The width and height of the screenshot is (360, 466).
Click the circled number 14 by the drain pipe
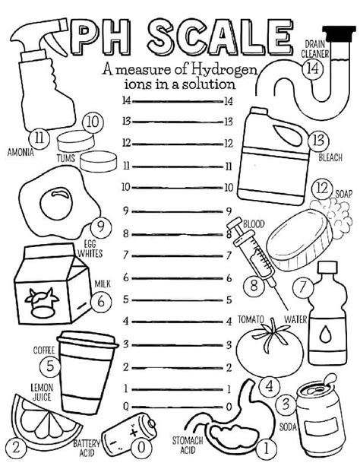[x=312, y=68]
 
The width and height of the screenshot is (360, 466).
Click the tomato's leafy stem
[x=269, y=330]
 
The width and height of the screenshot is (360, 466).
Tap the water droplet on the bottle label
[x=326, y=334]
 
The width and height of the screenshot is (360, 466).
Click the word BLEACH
[x=330, y=158]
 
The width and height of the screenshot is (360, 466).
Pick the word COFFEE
[x=44, y=350]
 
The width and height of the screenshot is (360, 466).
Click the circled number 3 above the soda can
[x=286, y=404]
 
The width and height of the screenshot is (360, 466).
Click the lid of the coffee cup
[x=87, y=343]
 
